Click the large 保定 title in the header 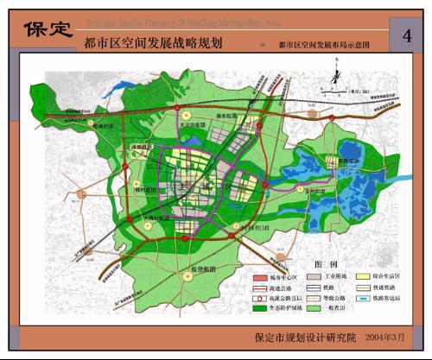pyautogui.click(x=48, y=28)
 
